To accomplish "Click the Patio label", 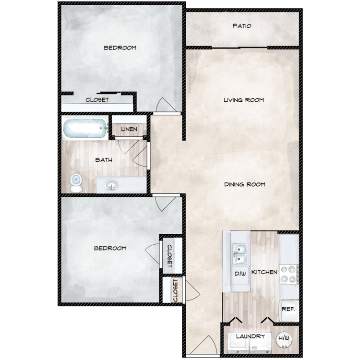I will click(x=241, y=26).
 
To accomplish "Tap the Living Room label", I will click(x=244, y=100).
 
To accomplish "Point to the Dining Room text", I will click(x=244, y=184).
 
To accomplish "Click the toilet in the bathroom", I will click(x=75, y=183).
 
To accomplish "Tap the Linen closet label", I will click(x=129, y=129).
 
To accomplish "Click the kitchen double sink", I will click(x=240, y=253).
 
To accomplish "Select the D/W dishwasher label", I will click(x=240, y=274).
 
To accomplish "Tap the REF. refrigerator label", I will click(x=288, y=310).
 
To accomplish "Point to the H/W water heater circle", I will click(x=284, y=339).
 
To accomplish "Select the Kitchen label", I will click(x=264, y=272).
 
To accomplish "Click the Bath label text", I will click(x=103, y=160).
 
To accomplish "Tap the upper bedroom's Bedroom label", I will click(x=120, y=48).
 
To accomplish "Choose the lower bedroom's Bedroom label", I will click(x=110, y=248).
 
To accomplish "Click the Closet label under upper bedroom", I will click(x=97, y=100).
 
